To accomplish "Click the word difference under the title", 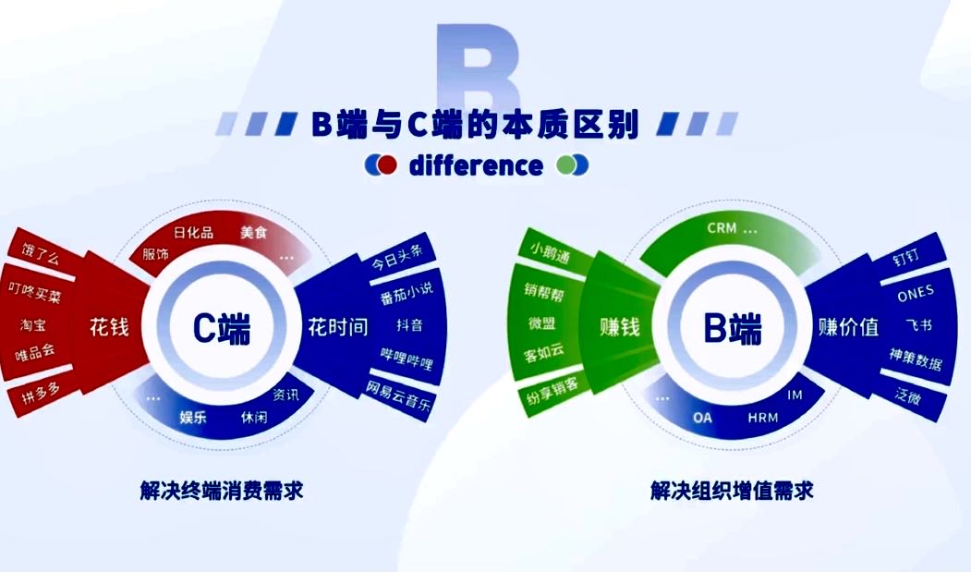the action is pyautogui.click(x=476, y=165).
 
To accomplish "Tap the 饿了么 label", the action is pyautogui.click(x=41, y=254).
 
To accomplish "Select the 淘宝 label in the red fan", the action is pyautogui.click(x=33, y=324).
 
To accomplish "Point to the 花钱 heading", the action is pyautogui.click(x=109, y=326).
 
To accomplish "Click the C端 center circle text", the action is pyautogui.click(x=222, y=328).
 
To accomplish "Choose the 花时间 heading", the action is pyautogui.click(x=337, y=326).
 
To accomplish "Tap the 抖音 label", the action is pyautogui.click(x=409, y=324).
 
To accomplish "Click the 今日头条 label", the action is pyautogui.click(x=397, y=257).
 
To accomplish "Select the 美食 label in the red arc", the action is pyautogui.click(x=253, y=232).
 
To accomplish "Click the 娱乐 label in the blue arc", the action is pyautogui.click(x=192, y=417).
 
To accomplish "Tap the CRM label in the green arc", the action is pyautogui.click(x=722, y=228).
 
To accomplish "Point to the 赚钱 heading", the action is pyautogui.click(x=619, y=326).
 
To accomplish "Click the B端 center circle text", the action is pyautogui.click(x=733, y=328).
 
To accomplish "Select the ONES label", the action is pyautogui.click(x=916, y=293).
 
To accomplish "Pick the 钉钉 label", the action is pyautogui.click(x=905, y=256).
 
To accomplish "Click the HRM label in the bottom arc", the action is pyautogui.click(x=762, y=418).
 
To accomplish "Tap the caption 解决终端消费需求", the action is pyautogui.click(x=222, y=491).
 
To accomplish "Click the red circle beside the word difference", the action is pyautogui.click(x=387, y=164).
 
